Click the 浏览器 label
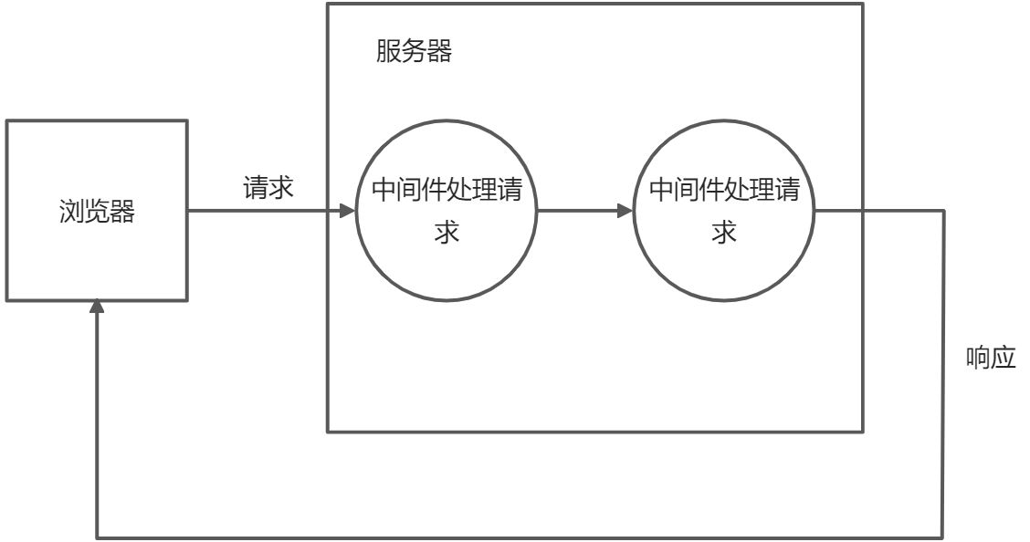click(96, 214)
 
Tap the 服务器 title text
click(414, 52)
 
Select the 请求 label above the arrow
click(268, 188)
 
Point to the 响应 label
click(991, 358)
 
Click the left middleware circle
click(446, 211)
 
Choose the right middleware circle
click(724, 211)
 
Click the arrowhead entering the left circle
click(347, 211)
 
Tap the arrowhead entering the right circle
click(625, 211)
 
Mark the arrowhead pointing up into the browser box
click(98, 308)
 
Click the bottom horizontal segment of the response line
click(520, 537)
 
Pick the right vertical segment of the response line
click(943, 374)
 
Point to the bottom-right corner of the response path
click(943, 537)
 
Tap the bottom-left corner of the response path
click(98, 537)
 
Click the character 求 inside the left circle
click(446, 233)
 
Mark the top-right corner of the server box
click(863, 4)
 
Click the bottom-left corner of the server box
click(328, 431)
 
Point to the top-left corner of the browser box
click(5, 121)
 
